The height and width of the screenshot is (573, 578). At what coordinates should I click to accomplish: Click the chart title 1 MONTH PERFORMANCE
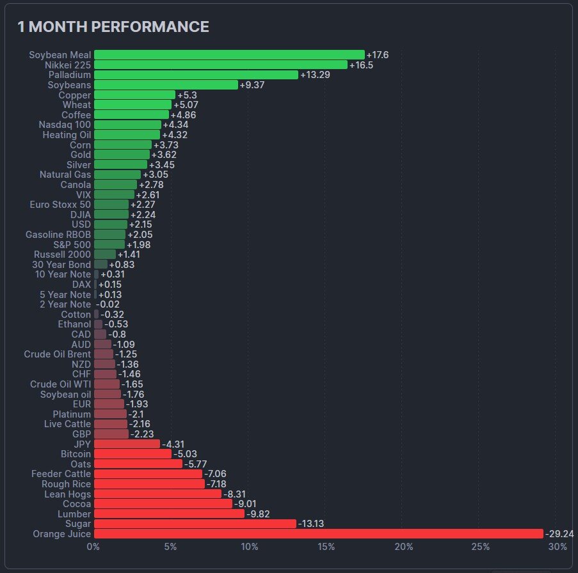click(113, 27)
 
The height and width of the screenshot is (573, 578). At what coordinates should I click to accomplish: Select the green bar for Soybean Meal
click(229, 55)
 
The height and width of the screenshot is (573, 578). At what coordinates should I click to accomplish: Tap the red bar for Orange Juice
click(318, 534)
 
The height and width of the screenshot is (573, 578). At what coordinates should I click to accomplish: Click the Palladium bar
click(196, 75)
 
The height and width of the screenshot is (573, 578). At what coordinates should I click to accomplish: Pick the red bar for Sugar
click(195, 524)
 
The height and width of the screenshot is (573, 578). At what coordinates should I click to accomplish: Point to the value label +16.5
click(361, 65)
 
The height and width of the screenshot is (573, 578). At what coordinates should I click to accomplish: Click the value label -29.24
click(559, 534)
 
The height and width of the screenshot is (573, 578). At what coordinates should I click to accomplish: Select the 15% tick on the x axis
click(326, 547)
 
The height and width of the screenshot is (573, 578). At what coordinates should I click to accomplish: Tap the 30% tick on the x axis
click(558, 547)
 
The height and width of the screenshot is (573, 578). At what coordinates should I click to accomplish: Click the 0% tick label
click(93, 547)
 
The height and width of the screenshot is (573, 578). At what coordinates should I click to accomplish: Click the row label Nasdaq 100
click(65, 125)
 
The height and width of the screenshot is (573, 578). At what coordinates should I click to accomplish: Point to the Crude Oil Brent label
click(58, 354)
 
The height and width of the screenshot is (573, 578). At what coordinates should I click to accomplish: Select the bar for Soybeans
click(166, 85)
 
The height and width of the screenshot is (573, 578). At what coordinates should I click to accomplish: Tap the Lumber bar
click(169, 514)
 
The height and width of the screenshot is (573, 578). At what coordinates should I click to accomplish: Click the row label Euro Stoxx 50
click(61, 205)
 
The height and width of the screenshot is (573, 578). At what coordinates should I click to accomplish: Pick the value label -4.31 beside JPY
click(173, 444)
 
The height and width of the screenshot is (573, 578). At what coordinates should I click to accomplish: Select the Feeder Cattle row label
click(61, 474)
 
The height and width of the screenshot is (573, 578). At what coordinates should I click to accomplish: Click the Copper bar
click(134, 95)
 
